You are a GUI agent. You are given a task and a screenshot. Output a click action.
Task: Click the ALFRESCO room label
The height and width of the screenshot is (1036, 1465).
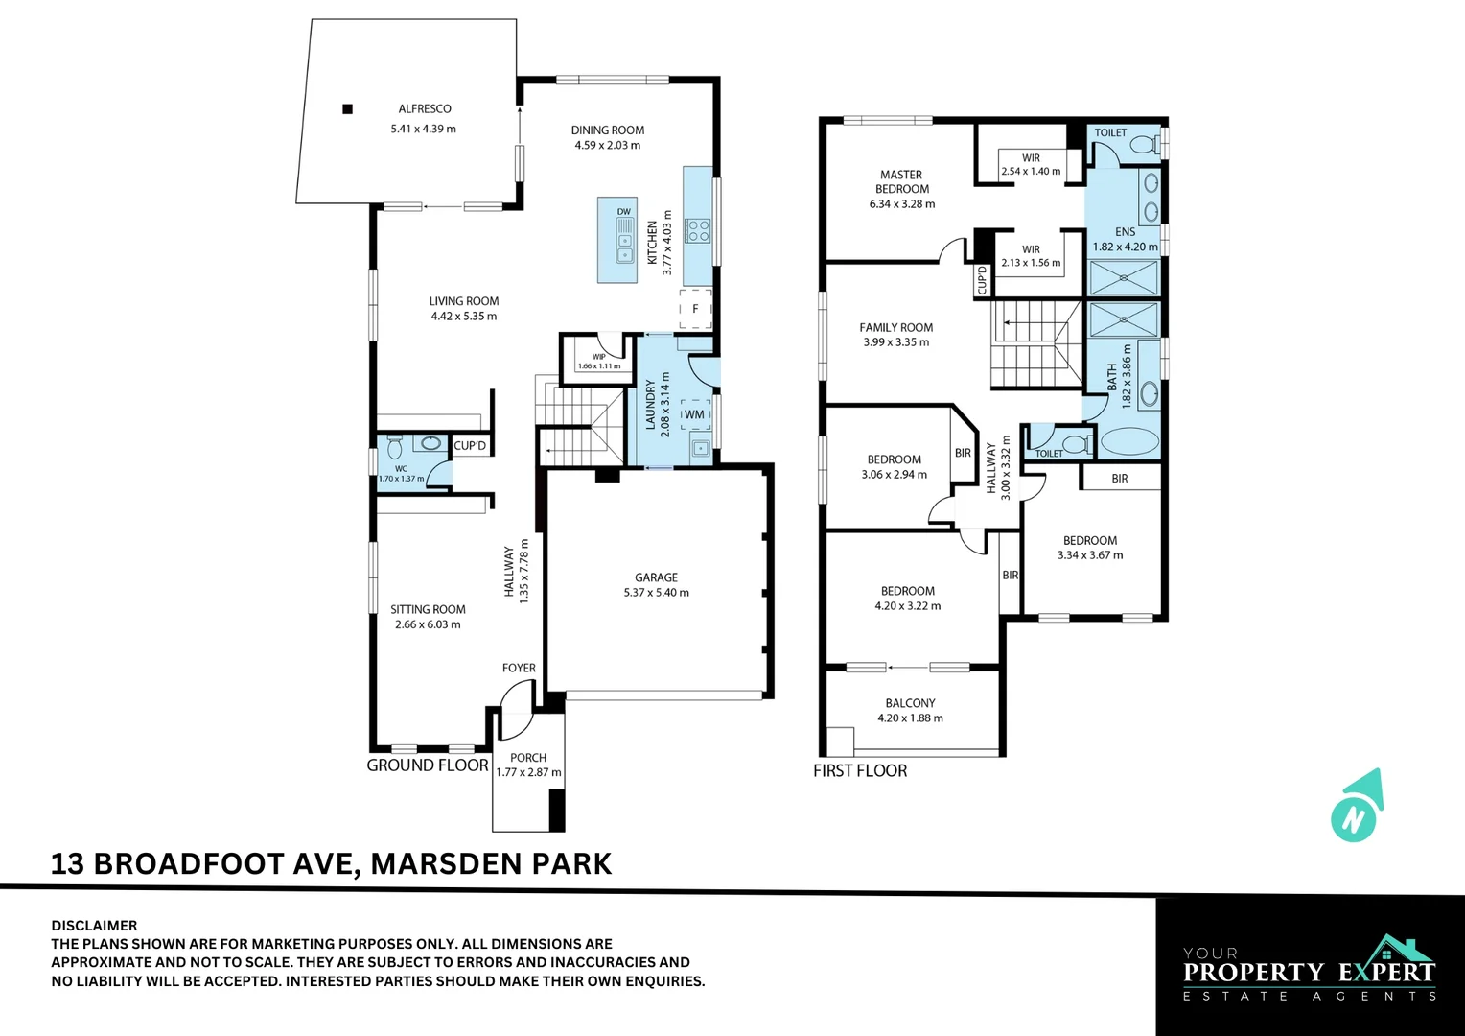(x=425, y=109)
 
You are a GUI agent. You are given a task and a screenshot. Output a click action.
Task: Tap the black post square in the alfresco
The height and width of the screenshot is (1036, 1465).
(x=348, y=109)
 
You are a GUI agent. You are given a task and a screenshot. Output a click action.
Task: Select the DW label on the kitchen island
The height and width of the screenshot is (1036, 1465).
(x=624, y=212)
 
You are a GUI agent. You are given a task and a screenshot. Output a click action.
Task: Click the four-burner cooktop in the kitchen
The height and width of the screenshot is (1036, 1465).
(x=697, y=230)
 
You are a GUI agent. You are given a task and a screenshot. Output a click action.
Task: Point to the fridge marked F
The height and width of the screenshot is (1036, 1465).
(x=696, y=309)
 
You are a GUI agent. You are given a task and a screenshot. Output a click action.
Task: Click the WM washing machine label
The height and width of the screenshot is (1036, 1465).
(x=695, y=414)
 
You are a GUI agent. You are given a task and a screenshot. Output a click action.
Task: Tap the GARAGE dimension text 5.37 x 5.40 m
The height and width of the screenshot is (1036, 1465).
(x=656, y=593)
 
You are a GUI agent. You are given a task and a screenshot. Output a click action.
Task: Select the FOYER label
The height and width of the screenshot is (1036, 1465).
(x=519, y=668)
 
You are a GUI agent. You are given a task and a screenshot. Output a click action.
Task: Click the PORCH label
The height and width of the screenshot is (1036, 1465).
(x=528, y=758)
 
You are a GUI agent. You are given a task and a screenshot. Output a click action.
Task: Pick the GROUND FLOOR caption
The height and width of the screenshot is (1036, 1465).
(x=428, y=765)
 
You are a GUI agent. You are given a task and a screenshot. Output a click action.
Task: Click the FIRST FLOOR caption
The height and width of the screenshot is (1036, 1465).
(x=860, y=771)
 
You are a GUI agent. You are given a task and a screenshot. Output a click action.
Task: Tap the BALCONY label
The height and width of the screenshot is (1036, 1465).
(x=910, y=703)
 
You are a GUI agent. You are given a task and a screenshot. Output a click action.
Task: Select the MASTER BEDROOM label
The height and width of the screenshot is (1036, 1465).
(x=901, y=181)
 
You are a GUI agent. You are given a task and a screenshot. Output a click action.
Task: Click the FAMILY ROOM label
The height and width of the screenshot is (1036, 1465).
(x=895, y=327)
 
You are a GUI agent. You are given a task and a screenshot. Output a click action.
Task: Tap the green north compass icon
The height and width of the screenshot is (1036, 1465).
(x=1356, y=808)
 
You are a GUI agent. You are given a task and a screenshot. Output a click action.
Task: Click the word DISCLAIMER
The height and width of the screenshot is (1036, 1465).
(x=94, y=926)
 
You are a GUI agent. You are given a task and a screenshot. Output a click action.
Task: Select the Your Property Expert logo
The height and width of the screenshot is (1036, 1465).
(x=1310, y=969)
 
